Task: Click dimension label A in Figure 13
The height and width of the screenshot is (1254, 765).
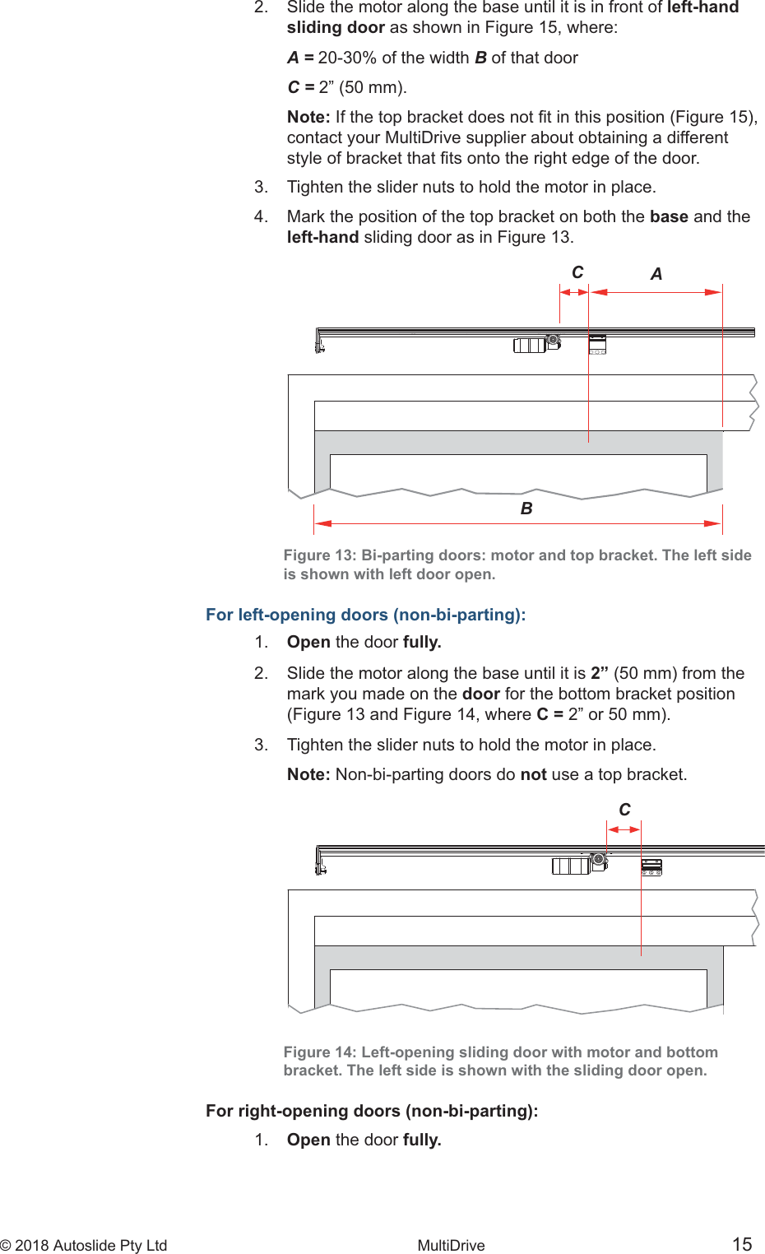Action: click(656, 274)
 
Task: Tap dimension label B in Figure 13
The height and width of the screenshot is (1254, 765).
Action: click(526, 509)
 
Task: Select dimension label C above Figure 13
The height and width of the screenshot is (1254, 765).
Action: click(577, 272)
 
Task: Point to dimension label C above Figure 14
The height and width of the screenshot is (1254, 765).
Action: click(624, 810)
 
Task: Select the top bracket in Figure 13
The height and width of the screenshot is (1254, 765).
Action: click(597, 344)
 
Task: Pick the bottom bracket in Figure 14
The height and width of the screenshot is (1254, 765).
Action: click(651, 866)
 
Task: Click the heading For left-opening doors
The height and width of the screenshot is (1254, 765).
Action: click(365, 615)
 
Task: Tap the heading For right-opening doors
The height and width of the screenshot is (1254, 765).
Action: click(372, 1111)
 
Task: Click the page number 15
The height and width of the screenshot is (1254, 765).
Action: click(742, 1244)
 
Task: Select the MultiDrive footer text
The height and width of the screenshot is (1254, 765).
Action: click(451, 1245)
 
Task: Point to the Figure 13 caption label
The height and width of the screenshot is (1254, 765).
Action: click(320, 555)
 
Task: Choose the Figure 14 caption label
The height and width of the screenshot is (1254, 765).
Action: click(320, 1052)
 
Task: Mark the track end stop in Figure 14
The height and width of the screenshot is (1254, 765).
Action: click(320, 864)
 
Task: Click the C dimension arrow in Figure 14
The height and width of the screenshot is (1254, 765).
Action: click(624, 829)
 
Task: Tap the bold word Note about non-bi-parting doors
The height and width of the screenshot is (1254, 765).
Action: click(308, 774)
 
